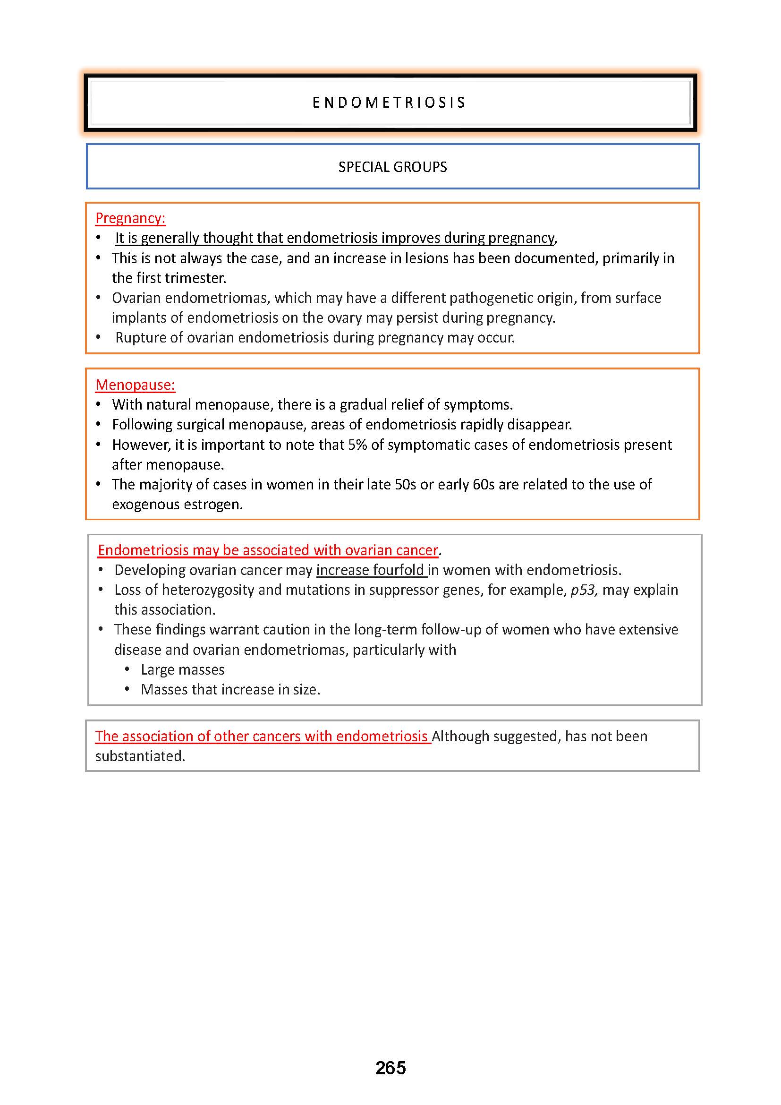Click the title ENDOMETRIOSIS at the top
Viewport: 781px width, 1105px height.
(389, 103)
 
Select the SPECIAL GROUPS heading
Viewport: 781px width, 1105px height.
(392, 167)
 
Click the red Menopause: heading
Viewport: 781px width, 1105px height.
(135, 385)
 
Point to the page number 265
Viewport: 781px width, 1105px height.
(390, 1068)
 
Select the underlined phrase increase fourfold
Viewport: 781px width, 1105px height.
(370, 570)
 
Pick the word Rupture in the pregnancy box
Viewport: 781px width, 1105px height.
(139, 338)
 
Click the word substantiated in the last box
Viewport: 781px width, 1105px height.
(140, 756)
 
